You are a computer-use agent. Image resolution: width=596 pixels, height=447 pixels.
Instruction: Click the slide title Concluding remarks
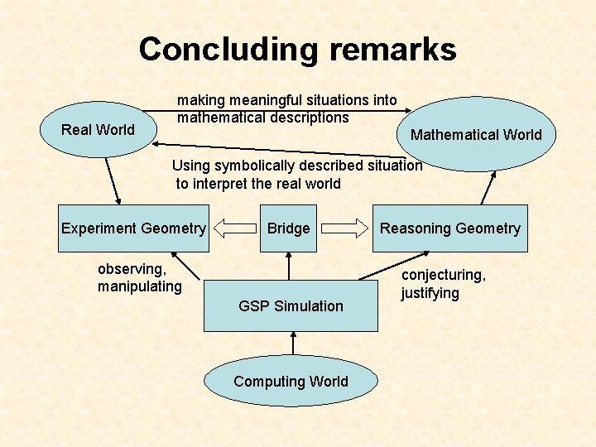pos(297,50)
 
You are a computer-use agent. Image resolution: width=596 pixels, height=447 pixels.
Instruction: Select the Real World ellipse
pos(98,130)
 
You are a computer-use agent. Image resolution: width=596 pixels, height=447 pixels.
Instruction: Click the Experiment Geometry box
pos(133,228)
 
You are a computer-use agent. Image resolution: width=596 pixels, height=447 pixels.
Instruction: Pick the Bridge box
pos(288,228)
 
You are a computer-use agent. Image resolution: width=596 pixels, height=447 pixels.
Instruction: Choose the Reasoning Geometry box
pos(449,228)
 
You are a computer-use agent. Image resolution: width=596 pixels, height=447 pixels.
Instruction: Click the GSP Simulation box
pos(291,305)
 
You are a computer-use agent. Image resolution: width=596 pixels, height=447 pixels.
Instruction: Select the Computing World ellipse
pos(291,382)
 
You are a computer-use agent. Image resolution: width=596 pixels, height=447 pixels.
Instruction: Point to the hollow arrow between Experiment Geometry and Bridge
pos(235,228)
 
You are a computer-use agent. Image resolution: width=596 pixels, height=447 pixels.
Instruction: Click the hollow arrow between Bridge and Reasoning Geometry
pos(344,228)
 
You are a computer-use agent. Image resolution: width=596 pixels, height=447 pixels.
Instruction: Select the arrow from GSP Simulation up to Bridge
pos(289,265)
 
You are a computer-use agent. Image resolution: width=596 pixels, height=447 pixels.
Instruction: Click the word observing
pos(132,269)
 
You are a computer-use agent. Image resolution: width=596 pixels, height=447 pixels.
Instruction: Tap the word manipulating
pos(139,286)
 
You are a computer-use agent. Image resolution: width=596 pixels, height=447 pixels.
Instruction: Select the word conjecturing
pos(443,275)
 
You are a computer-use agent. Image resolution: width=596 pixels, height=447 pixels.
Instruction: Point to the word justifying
pos(430,293)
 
